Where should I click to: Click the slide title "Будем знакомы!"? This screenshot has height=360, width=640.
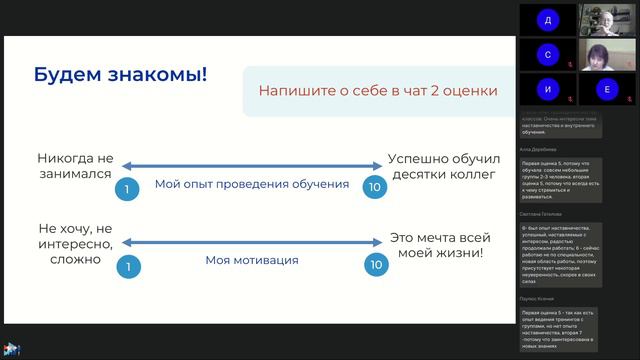120,75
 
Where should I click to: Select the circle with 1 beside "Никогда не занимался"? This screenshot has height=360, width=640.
125,188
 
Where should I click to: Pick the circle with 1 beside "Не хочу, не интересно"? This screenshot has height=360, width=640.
125,265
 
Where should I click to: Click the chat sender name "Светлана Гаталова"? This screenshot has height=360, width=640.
541,213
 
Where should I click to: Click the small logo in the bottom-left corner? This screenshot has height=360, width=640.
13,350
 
